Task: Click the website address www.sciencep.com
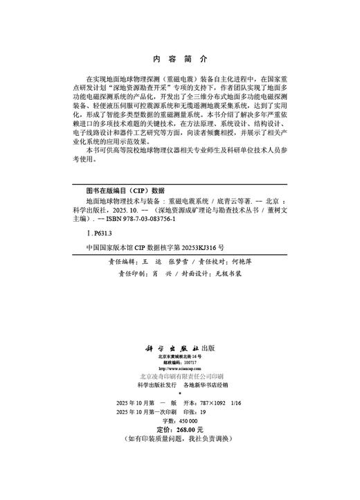coord(179,368)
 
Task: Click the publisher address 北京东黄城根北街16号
coord(179,355)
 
